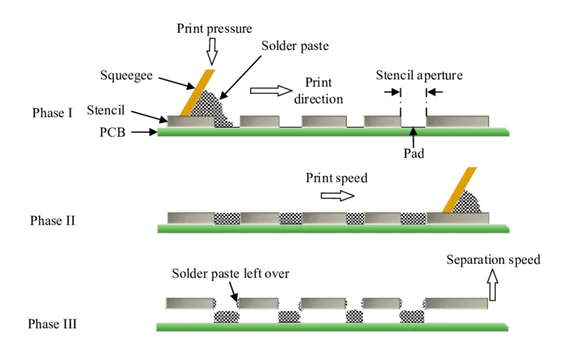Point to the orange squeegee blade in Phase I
coord(197,92)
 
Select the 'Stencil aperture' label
coord(418,75)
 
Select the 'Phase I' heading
coord(52,113)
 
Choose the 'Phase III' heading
coord(52,325)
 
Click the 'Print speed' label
coord(337,178)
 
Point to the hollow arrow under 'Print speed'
coord(338,195)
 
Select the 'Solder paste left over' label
coord(231,273)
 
